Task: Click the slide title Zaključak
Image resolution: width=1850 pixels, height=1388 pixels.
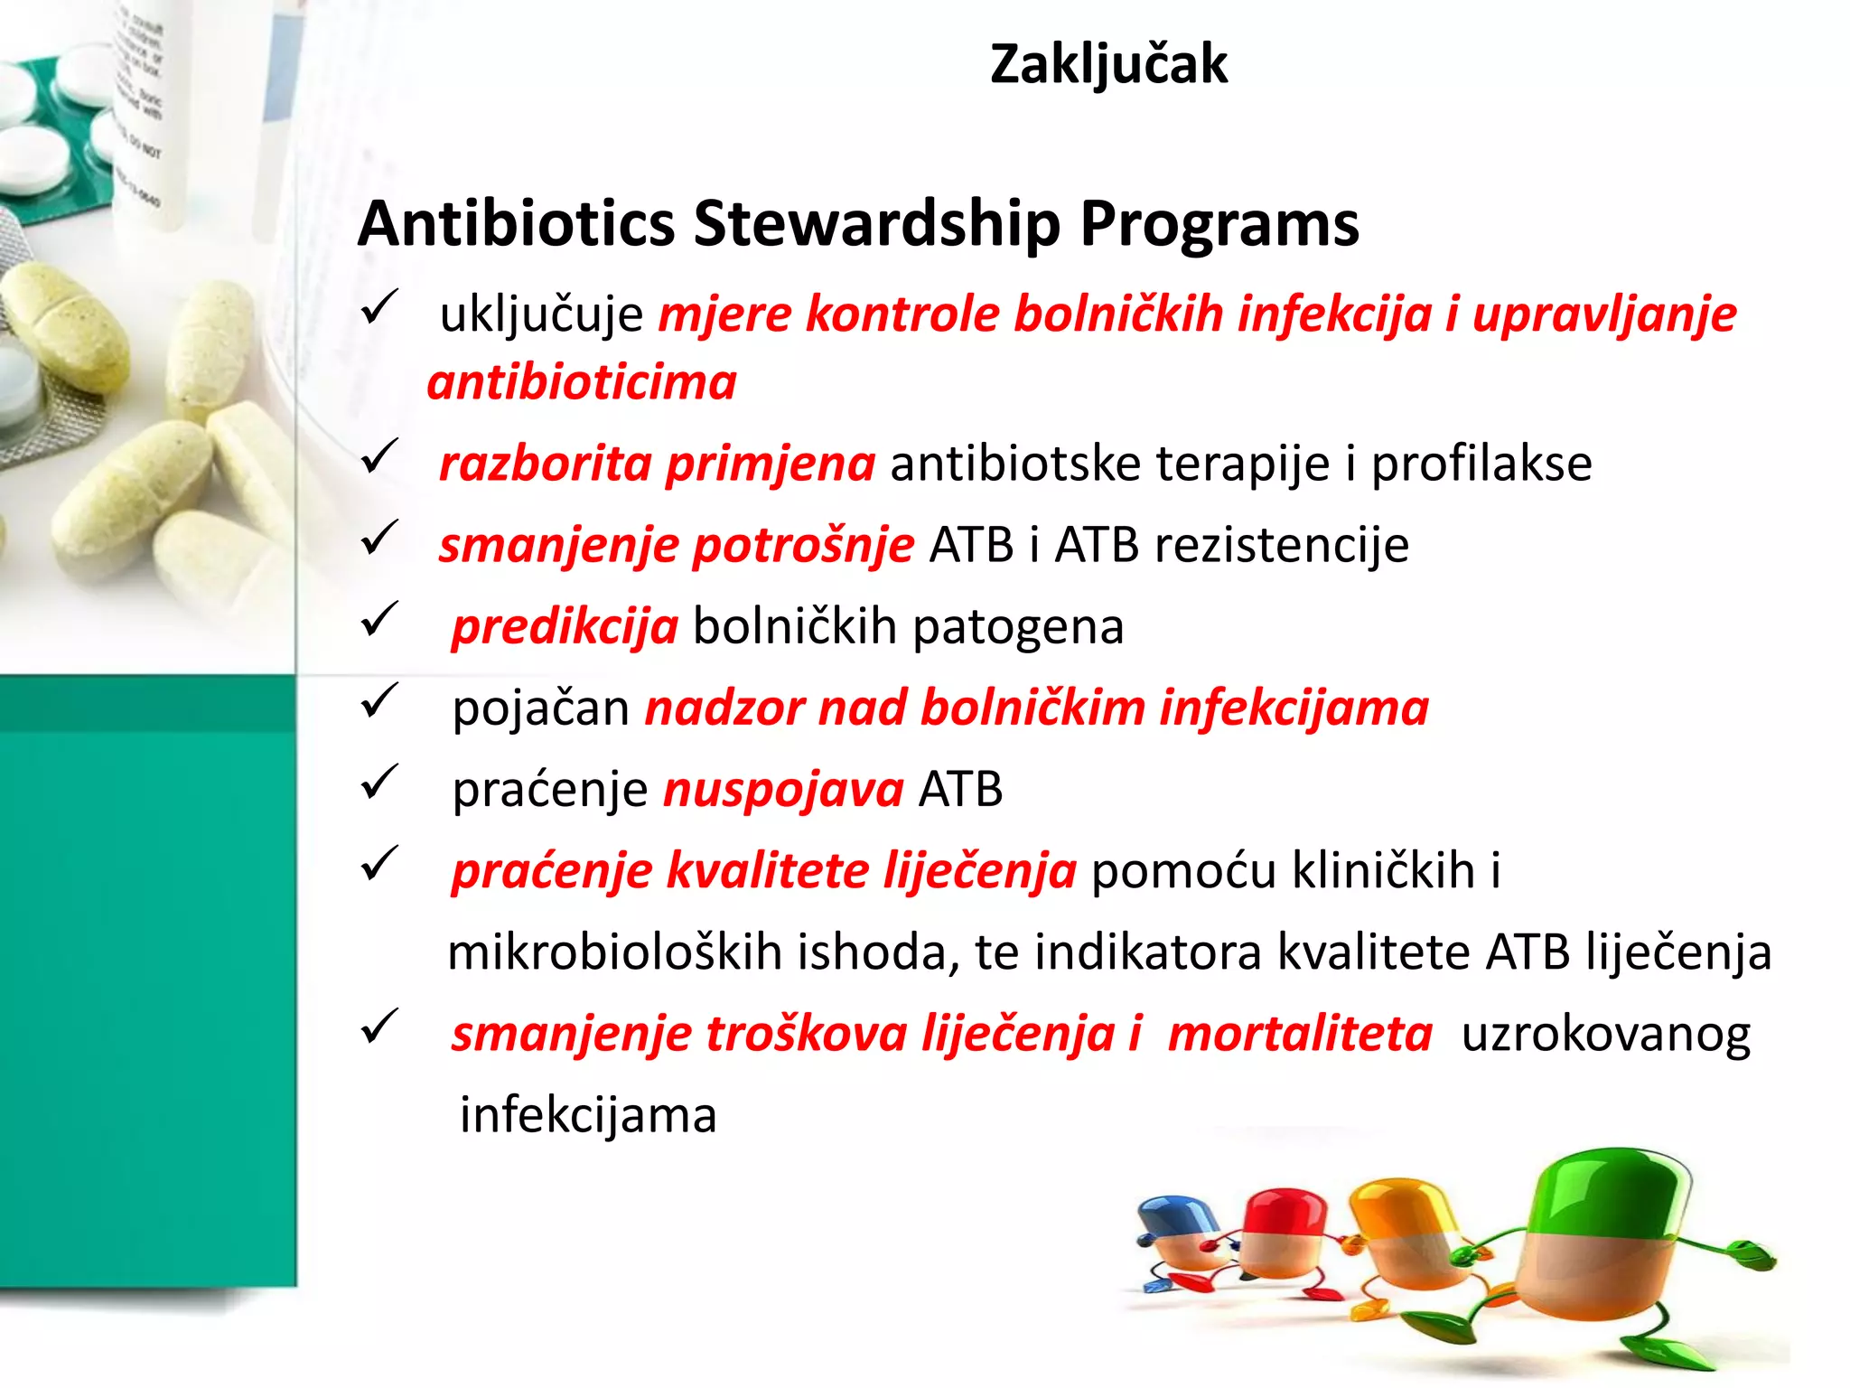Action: coord(1108,65)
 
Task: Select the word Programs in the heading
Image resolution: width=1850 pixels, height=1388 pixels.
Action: coord(1219,224)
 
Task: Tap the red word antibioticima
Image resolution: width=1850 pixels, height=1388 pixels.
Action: coord(582,382)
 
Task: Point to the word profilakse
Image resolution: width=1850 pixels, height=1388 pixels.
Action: coord(1481,464)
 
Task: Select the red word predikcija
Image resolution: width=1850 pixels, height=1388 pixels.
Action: coord(565,627)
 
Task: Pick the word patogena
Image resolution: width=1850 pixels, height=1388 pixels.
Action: coord(1018,627)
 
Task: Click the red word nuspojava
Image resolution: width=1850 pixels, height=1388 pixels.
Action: coord(783,790)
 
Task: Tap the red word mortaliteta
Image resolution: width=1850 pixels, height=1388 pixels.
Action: coord(1300,1034)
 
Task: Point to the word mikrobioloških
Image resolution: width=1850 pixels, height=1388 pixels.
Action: coord(614,952)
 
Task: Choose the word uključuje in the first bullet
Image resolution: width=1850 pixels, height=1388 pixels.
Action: coord(541,315)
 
